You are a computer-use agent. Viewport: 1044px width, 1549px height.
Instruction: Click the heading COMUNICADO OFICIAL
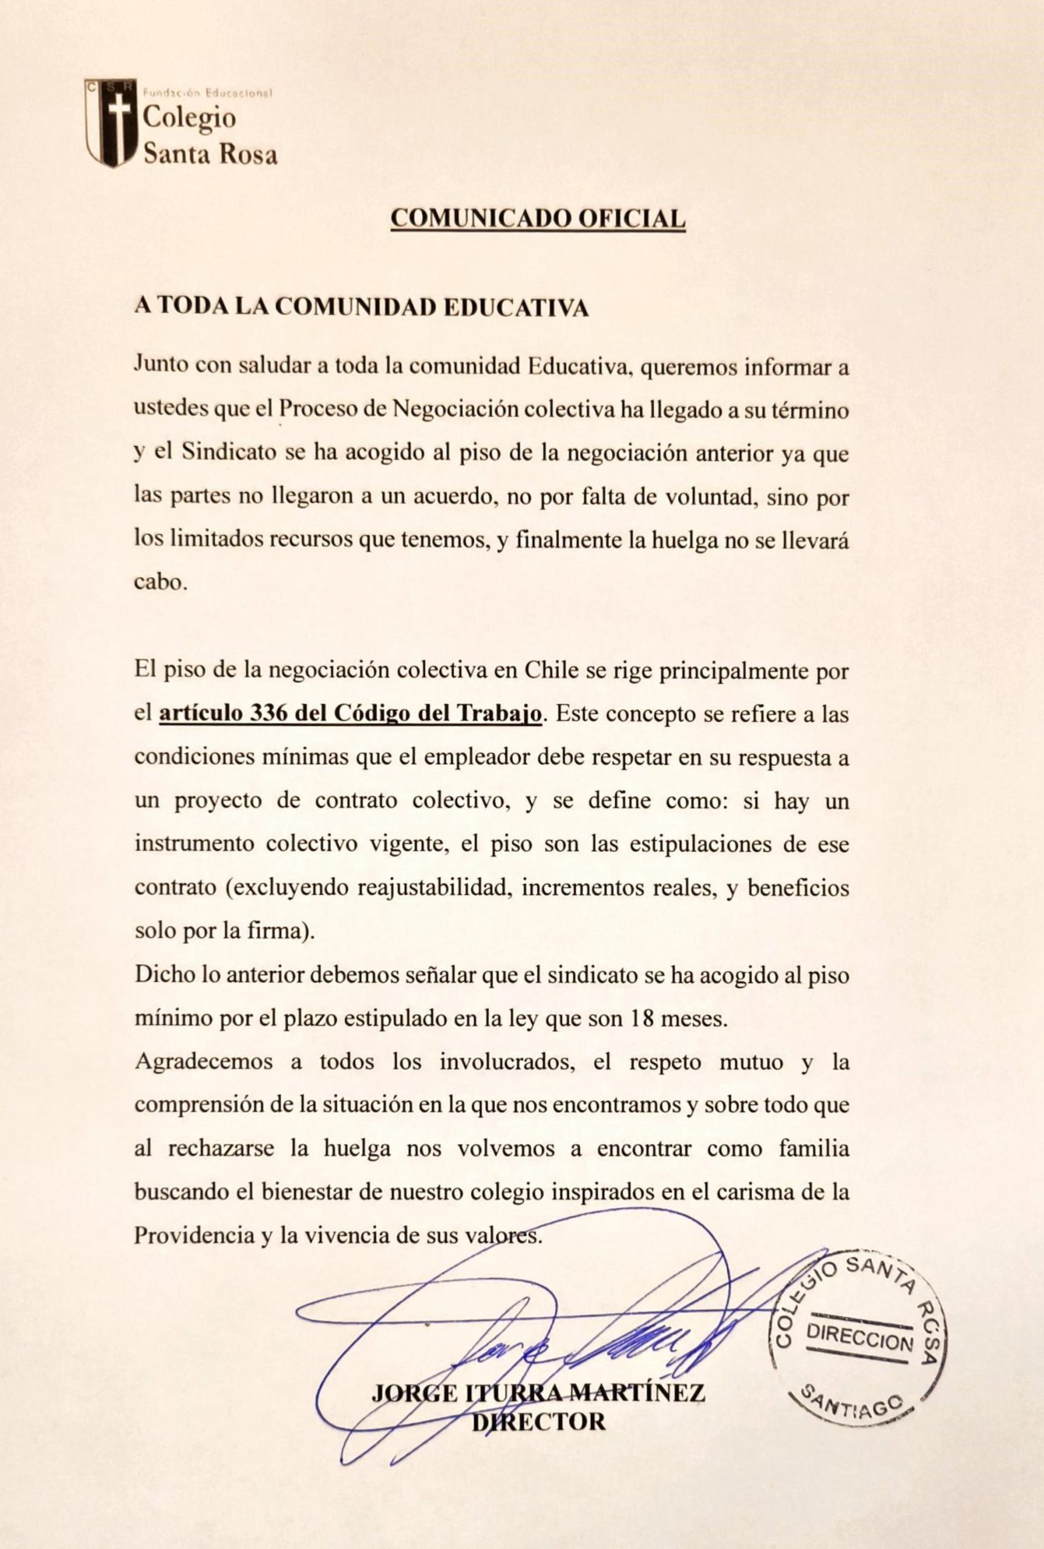537,218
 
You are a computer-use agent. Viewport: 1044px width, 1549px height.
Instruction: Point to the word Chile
548,670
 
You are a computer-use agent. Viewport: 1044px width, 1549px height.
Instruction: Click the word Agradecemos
204,1062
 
